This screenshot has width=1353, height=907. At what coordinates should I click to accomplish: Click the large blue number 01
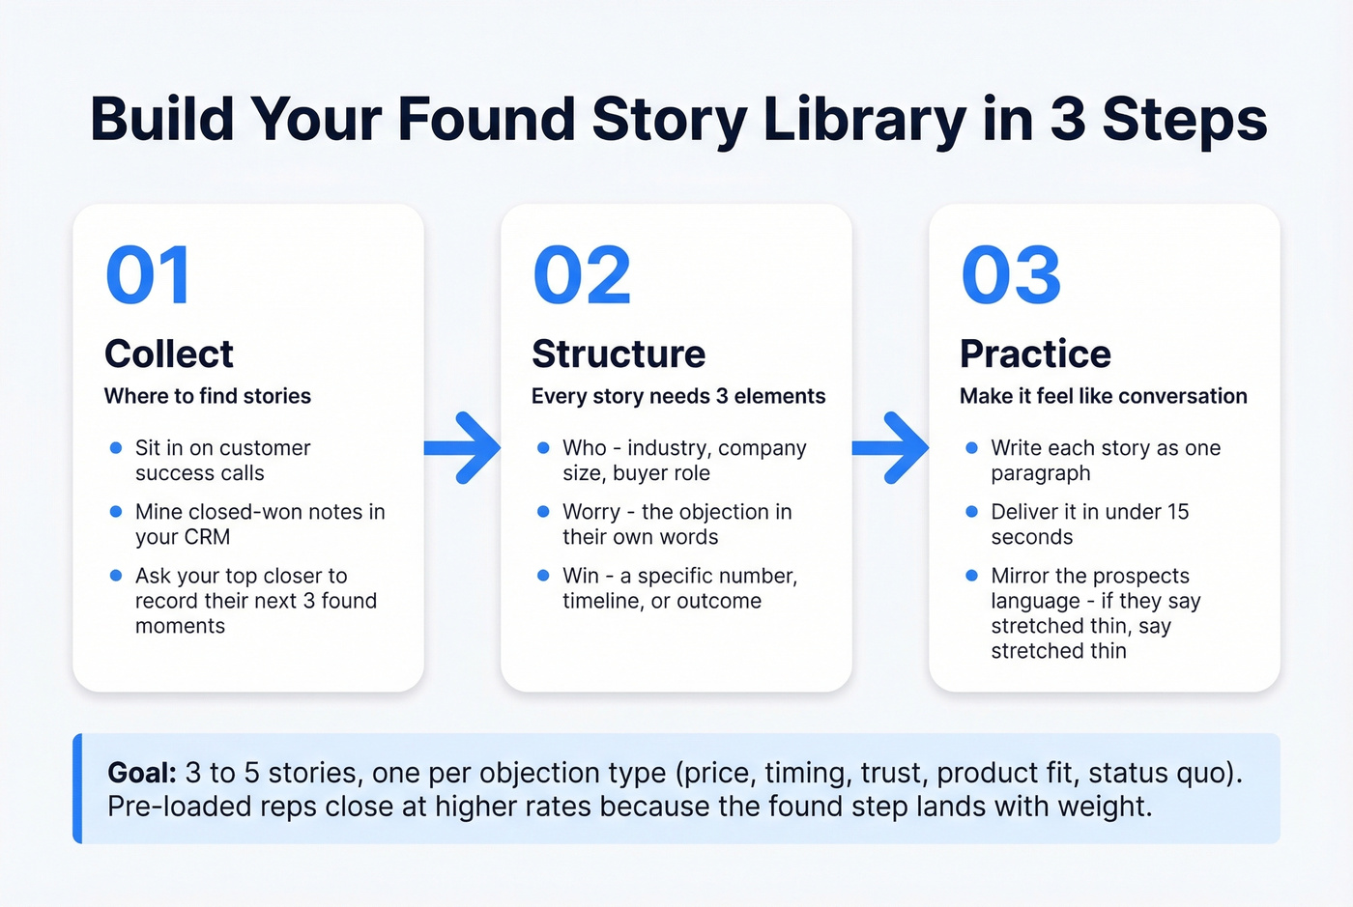[148, 276]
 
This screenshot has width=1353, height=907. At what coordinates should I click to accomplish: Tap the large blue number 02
[582, 276]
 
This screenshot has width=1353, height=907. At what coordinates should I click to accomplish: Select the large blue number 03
[1011, 276]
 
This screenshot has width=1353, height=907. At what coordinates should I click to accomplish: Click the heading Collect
[169, 354]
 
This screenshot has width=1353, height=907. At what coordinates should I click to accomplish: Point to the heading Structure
[619, 354]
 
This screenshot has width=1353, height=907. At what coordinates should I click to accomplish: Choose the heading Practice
[1035, 354]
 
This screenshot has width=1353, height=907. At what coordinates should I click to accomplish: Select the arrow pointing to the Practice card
[891, 448]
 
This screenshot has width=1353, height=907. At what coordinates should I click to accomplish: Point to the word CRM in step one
[208, 537]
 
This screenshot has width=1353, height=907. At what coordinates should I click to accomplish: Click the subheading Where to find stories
[208, 396]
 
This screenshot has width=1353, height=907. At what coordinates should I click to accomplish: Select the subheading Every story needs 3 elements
[678, 396]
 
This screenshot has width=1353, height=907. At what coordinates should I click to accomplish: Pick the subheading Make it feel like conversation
[1103, 396]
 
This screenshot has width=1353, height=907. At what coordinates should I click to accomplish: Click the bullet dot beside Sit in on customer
[116, 448]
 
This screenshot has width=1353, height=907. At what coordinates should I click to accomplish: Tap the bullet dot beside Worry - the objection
[543, 512]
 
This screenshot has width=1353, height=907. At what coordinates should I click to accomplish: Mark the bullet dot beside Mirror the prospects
[971, 576]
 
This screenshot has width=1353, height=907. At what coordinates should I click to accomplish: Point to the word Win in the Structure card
[581, 576]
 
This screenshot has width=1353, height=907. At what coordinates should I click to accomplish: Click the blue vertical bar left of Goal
[78, 788]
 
